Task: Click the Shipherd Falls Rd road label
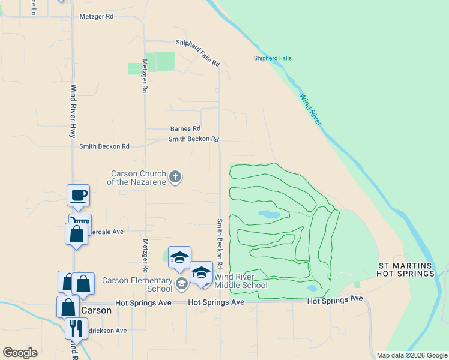[197, 53]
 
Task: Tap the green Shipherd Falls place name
[273, 58]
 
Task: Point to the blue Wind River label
[311, 109]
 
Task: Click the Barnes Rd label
[185, 128]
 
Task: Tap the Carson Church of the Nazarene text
[137, 178]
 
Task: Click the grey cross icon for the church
[175, 176]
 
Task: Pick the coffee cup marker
[78, 196]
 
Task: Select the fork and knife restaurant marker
[76, 328]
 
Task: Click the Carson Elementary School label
[137, 284]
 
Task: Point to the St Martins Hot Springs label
[405, 269]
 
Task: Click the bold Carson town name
[96, 311]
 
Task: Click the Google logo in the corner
[20, 353]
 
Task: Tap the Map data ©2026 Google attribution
[411, 355]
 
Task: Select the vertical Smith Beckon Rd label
[220, 242]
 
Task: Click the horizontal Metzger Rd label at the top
[97, 17]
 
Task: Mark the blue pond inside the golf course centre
[268, 214]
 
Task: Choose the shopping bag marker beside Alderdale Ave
[77, 234]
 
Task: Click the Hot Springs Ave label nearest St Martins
[335, 299]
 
